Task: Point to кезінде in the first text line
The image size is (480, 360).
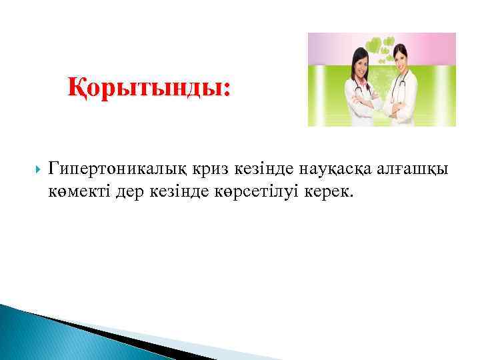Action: click(x=245, y=167)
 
